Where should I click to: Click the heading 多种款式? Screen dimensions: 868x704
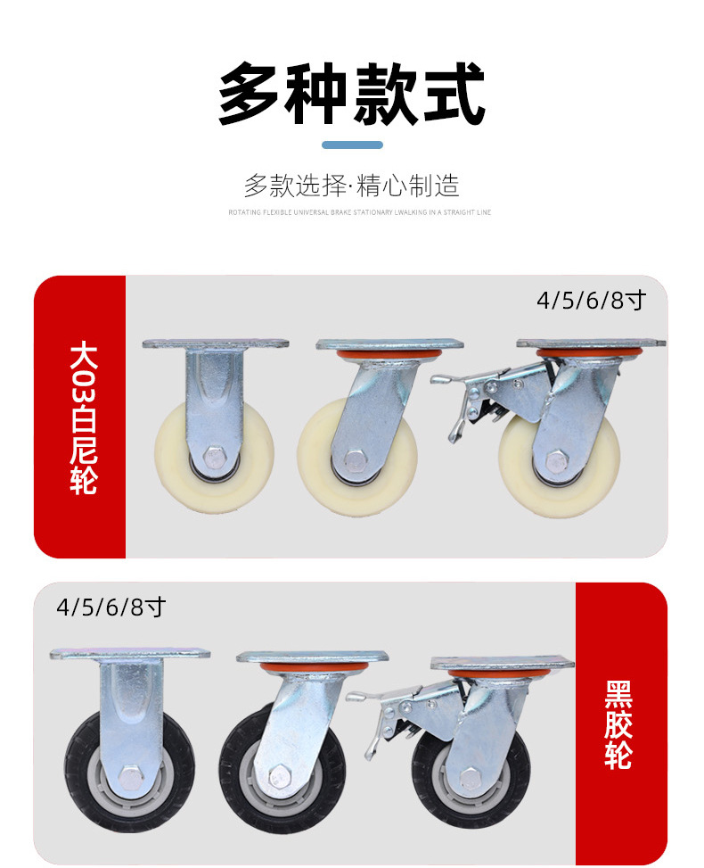pos(352,95)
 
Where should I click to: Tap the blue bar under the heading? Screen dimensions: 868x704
pos(352,145)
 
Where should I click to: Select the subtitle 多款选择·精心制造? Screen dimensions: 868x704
pos(352,186)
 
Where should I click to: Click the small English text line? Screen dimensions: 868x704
pos(359,212)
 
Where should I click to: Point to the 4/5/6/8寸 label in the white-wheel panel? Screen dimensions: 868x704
pos(590,301)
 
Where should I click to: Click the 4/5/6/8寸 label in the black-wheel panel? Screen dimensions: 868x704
pos(111,608)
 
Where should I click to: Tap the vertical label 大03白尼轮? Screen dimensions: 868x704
pos(83,418)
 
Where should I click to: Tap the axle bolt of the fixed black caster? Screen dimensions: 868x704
pos(130,778)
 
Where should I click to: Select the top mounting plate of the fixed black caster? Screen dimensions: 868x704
pos(130,653)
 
